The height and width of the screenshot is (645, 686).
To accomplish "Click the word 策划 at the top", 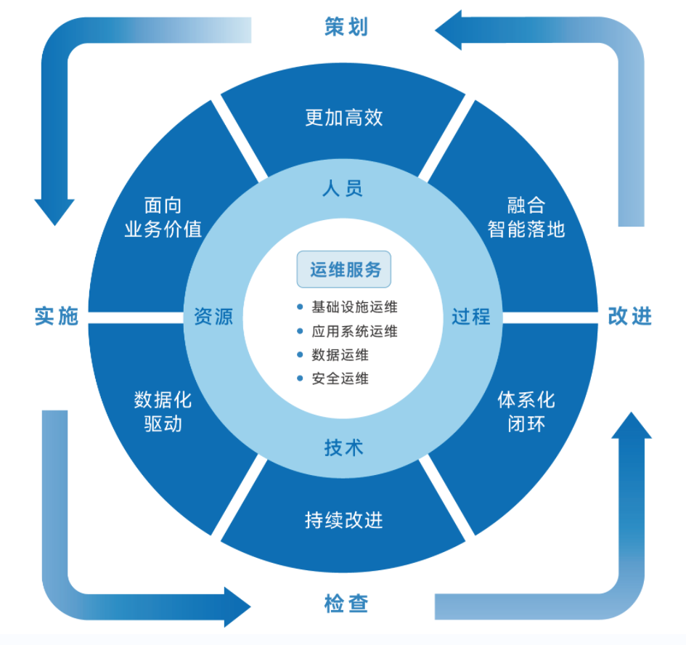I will click(346, 27).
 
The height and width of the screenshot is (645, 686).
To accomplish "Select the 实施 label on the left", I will click(56, 317).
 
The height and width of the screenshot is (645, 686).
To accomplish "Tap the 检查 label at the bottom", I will click(346, 604).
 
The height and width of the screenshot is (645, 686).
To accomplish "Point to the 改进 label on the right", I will click(629, 317).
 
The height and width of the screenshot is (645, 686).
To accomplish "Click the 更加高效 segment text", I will click(344, 118).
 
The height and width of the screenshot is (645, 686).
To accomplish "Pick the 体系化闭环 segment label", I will click(526, 411).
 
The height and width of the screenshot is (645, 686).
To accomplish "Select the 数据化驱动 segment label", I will click(163, 411).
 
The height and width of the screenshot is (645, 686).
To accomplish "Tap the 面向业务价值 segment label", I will click(163, 217).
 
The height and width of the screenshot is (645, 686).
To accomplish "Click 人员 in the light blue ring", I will click(343, 189).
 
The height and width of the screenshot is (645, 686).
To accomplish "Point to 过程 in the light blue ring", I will click(471, 317).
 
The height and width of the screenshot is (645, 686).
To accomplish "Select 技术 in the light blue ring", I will click(343, 447).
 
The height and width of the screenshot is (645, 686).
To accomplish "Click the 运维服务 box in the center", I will click(344, 269).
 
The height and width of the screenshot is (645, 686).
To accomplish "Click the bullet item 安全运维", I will click(340, 378).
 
